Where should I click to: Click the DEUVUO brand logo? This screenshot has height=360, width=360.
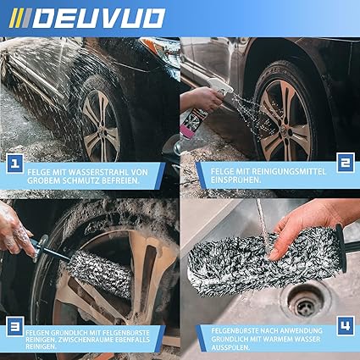pos(87,19)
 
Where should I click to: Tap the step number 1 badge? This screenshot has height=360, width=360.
pos(15,163)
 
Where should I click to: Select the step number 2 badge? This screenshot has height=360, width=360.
pos(346,163)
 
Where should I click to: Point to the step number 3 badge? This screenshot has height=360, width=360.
pos(15,327)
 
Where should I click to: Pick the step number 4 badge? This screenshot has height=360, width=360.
pos(346,326)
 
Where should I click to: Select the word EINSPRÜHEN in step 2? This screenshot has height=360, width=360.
pos(235,180)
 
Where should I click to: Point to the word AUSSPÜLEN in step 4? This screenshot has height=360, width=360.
pos(230,347)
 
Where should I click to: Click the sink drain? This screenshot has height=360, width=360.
pos(306,301)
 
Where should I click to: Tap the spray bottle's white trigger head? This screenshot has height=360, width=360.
pos(221,86)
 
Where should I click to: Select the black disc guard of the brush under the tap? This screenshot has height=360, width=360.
pos(341,248)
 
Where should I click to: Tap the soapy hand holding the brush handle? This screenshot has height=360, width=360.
pos(16,231)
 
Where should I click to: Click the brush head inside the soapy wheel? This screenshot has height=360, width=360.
pos(100,270)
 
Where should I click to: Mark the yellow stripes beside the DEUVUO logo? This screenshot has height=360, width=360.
pos(15,18)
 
